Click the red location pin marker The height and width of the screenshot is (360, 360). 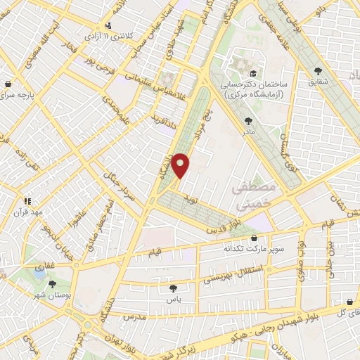pyautogui.click(x=181, y=165)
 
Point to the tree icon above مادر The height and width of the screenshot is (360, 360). pyautogui.click(x=248, y=120)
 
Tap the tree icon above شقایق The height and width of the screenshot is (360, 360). pyautogui.click(x=318, y=71)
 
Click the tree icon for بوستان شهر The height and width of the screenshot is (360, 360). pyautogui.click(x=52, y=284)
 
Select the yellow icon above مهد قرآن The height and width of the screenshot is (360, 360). pyautogui.click(x=27, y=200)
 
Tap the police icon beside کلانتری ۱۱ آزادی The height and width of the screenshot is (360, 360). pyautogui.click(x=109, y=27)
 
